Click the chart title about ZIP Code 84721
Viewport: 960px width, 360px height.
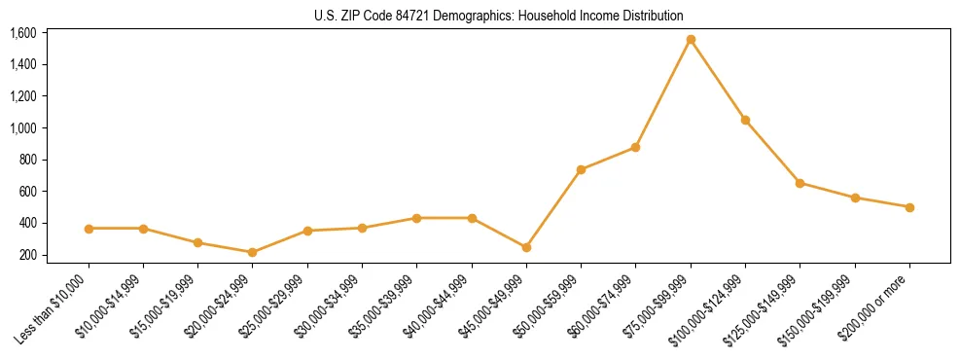499,16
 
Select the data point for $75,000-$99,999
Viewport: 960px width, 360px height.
691,40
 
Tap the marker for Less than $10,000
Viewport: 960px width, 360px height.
89,229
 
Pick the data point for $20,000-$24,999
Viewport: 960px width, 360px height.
253,252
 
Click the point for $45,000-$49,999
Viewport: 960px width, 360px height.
526,247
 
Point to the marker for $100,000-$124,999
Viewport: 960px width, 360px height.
745,120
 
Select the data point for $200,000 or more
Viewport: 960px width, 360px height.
909,207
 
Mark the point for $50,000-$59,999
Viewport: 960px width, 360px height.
581,169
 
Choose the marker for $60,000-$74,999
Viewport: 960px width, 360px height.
635,147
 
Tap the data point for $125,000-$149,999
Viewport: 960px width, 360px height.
800,183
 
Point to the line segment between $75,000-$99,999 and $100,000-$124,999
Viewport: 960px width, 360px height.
718,80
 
